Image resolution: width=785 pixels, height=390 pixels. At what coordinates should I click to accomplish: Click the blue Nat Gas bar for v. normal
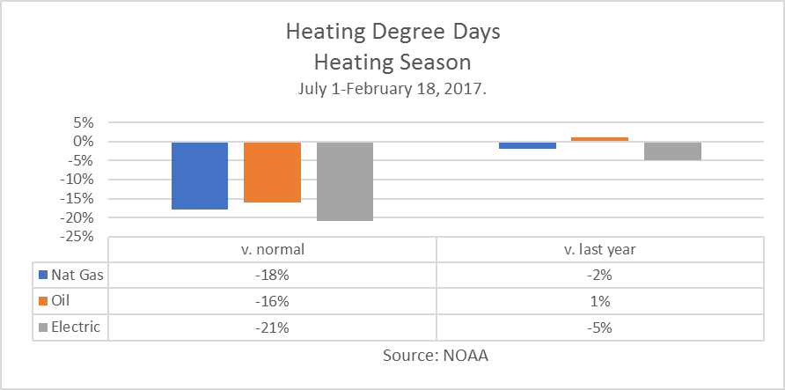click(x=200, y=175)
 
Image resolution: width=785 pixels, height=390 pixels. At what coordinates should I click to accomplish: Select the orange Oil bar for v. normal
click(x=272, y=172)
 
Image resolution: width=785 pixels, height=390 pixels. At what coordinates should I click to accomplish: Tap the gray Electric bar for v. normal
click(x=345, y=180)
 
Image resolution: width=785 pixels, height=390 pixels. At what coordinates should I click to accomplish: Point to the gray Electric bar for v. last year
click(x=673, y=151)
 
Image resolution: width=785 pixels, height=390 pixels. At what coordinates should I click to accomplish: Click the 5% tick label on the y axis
click(x=83, y=122)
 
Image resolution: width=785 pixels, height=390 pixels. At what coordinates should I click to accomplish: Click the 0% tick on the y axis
click(x=83, y=142)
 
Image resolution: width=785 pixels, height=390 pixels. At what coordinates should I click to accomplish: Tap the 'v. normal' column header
click(x=272, y=249)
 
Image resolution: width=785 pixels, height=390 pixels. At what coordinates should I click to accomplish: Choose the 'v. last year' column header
click(x=600, y=249)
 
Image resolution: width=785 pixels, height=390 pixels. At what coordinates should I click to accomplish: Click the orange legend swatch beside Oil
click(x=44, y=301)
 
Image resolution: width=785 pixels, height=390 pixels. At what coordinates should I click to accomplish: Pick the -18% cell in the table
click(x=272, y=276)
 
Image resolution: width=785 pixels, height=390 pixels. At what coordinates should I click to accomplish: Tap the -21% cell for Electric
click(x=272, y=328)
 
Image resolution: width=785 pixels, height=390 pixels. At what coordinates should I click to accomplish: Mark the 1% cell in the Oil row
click(x=600, y=302)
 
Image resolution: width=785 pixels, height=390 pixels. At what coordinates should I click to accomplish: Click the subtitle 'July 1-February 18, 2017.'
click(x=392, y=88)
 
